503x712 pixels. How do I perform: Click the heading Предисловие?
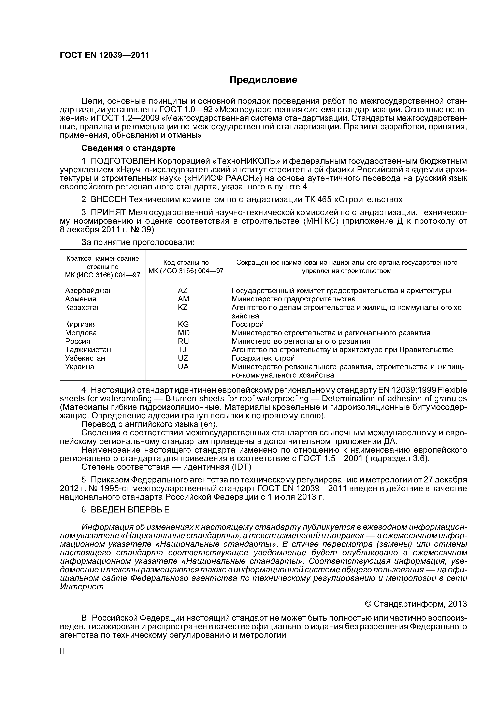(x=263, y=80)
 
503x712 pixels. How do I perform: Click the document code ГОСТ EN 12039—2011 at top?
(x=104, y=55)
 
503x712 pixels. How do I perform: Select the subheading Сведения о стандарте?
(x=128, y=148)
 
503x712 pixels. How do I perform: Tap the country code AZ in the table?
(x=183, y=291)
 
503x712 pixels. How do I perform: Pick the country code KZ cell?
(x=183, y=307)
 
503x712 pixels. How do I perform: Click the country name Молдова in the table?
(x=81, y=333)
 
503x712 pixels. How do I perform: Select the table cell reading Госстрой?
(x=248, y=324)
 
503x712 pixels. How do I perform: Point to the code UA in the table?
(x=183, y=367)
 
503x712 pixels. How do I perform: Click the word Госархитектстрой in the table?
(x=263, y=358)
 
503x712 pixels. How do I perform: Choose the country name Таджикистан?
(x=88, y=350)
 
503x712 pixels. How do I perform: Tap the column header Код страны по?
(x=186, y=262)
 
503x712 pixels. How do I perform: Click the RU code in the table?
(x=183, y=341)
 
